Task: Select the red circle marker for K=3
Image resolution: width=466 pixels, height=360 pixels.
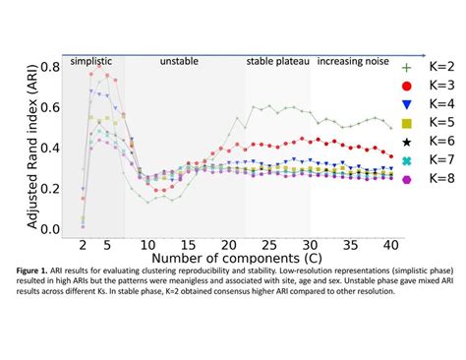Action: tap(408, 85)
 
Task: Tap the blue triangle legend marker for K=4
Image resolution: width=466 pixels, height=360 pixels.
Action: tap(408, 103)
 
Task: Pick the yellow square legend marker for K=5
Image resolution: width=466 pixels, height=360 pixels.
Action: tap(408, 122)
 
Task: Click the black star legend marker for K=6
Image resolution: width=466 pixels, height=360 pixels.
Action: tap(408, 141)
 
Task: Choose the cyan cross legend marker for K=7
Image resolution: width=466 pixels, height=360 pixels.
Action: tap(408, 159)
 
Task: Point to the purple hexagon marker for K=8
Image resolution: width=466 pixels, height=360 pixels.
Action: tap(408, 178)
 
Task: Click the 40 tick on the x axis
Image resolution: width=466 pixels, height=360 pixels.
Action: tap(390, 244)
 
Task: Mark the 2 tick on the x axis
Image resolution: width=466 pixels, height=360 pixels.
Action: tap(83, 244)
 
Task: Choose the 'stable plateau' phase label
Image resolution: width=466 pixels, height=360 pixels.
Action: tap(277, 60)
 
